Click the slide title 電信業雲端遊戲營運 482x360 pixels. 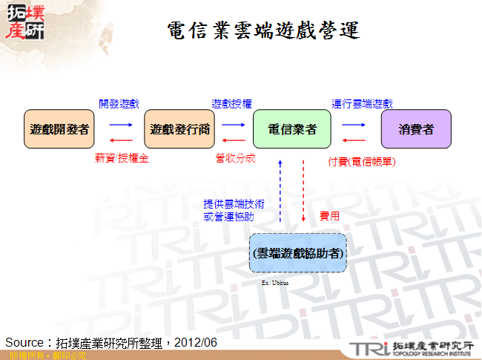(263, 30)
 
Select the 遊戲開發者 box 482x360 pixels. (60, 129)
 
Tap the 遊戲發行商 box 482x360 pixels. (179, 129)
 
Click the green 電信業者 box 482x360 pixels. (291, 129)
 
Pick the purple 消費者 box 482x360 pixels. (416, 129)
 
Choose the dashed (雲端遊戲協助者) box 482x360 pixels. (297, 252)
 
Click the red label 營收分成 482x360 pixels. (235, 158)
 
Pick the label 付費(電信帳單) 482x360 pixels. (361, 160)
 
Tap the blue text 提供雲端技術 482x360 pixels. (230, 203)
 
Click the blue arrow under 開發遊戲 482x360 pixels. (120, 125)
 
